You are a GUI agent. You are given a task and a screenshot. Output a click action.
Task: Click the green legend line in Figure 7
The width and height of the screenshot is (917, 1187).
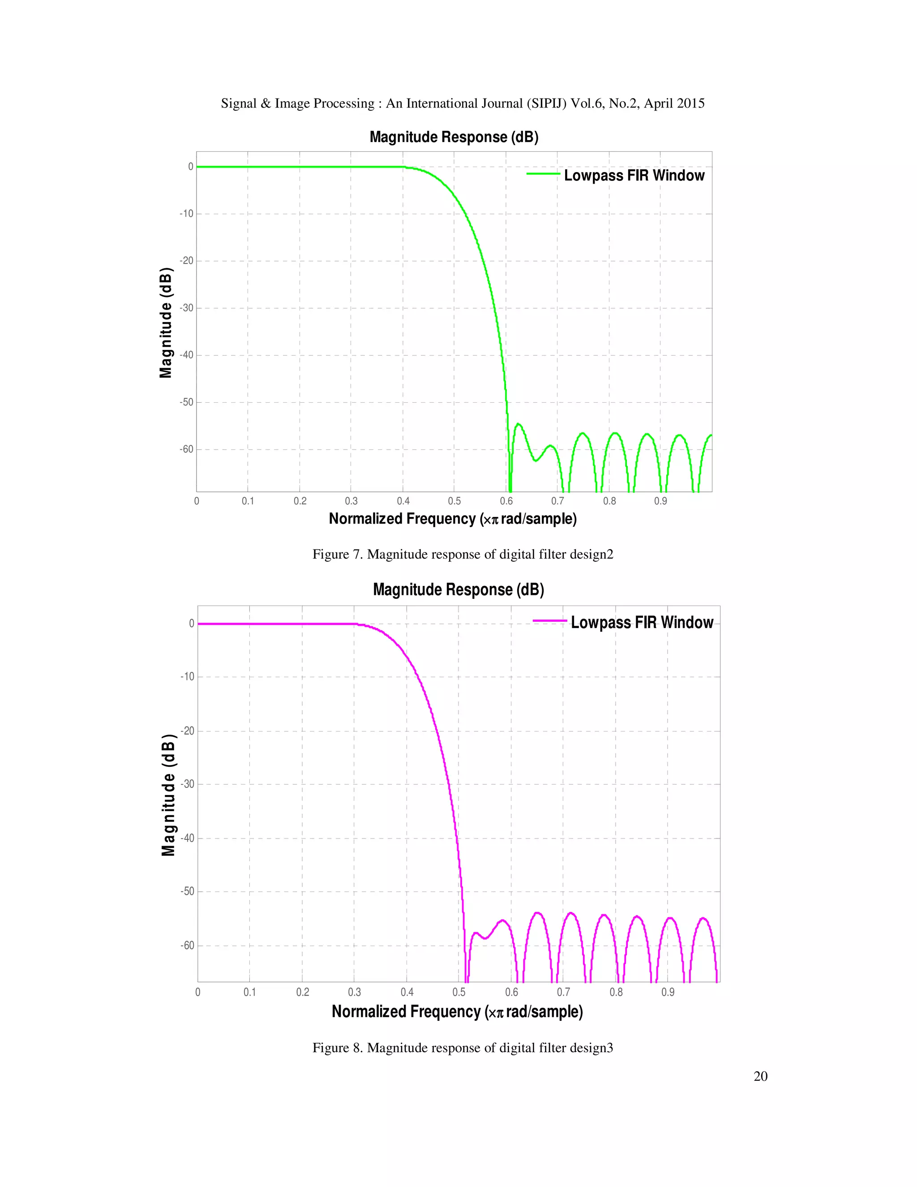click(x=543, y=174)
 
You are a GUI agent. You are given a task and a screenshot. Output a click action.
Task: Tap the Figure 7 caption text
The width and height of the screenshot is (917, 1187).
click(x=462, y=555)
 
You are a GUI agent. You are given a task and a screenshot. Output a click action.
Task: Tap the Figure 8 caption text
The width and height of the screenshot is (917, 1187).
click(x=462, y=1048)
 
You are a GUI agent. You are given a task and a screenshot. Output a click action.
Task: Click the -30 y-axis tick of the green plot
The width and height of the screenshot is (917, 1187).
click(x=186, y=308)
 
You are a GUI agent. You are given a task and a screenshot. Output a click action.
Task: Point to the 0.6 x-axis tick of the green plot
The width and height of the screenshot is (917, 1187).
click(x=506, y=501)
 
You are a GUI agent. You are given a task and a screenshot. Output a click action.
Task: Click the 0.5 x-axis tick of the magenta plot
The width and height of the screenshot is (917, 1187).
click(x=459, y=992)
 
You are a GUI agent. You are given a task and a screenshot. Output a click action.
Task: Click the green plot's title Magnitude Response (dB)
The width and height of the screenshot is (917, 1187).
click(x=454, y=137)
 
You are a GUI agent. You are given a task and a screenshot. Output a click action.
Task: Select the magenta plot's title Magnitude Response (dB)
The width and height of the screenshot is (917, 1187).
click(x=458, y=590)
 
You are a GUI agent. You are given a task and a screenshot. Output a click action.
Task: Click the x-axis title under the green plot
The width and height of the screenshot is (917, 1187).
click(x=453, y=519)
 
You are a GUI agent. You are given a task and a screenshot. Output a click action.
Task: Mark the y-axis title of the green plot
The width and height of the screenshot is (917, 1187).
click(x=166, y=323)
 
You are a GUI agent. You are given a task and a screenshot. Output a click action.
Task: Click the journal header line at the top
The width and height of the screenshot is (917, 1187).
click(x=462, y=103)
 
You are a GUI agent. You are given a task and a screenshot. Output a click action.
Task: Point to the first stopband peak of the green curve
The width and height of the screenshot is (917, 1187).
click(x=518, y=424)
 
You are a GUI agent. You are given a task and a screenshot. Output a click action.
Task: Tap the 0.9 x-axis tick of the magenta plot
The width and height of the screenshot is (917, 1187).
click(x=668, y=992)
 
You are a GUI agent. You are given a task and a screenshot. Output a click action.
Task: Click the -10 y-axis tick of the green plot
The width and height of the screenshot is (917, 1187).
click(x=186, y=214)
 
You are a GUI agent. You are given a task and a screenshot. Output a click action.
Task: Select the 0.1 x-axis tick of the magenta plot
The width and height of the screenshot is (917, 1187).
click(x=249, y=992)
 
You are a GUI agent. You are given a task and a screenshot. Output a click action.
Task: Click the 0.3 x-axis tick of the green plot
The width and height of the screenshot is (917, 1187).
click(x=351, y=501)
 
